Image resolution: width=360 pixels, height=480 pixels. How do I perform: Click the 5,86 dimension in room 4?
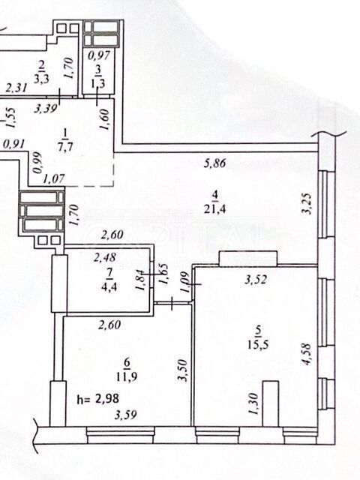coord(215,163)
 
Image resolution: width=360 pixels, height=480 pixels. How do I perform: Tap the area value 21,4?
coord(216,209)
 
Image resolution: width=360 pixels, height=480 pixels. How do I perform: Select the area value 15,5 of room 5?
coord(258,345)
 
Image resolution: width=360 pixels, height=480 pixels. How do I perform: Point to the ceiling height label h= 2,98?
coord(98,399)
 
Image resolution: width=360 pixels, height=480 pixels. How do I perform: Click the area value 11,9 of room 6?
coord(127,376)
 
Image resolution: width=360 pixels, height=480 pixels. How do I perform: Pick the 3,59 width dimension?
coord(125,415)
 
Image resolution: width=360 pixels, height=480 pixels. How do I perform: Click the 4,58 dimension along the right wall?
coord(306,354)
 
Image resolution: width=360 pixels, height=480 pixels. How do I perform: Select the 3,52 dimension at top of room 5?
coord(256,280)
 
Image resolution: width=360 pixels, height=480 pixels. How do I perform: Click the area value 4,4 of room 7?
coord(110,287)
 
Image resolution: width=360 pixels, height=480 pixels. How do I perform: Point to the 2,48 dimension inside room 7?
coord(105,257)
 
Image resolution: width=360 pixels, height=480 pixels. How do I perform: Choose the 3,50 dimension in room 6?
coord(182,370)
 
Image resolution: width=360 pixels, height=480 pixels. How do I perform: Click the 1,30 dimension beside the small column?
coord(253,403)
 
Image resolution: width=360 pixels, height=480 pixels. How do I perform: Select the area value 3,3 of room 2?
coord(41,79)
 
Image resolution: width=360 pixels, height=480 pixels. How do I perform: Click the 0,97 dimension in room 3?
coord(98,55)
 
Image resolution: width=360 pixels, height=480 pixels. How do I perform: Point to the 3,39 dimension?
coord(45,108)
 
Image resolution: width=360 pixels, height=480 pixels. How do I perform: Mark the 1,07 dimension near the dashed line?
coord(54,178)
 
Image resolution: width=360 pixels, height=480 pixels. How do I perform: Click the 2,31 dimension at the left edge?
coord(17,88)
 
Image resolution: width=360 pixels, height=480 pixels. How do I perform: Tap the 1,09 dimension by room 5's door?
coord(185,282)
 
